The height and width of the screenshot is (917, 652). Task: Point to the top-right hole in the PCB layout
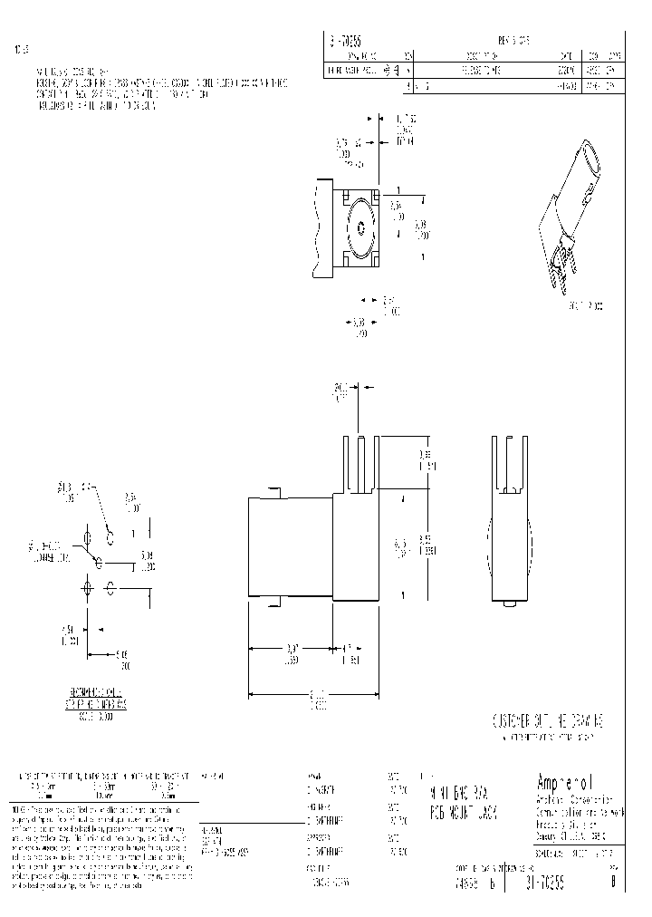110,537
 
